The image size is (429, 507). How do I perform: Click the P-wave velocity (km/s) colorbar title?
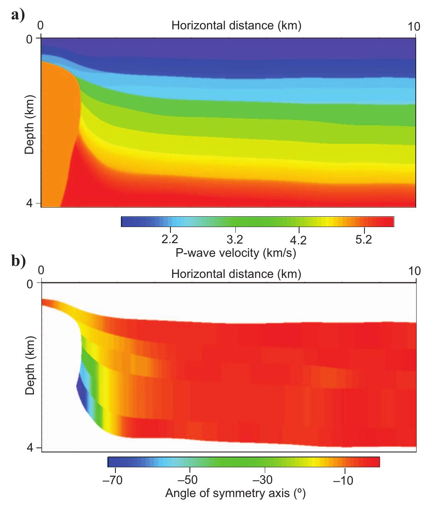click(x=236, y=253)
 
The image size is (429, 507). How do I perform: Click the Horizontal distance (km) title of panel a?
click(x=236, y=26)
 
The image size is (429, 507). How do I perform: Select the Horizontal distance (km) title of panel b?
click(x=236, y=273)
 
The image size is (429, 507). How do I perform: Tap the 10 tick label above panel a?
click(x=412, y=26)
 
